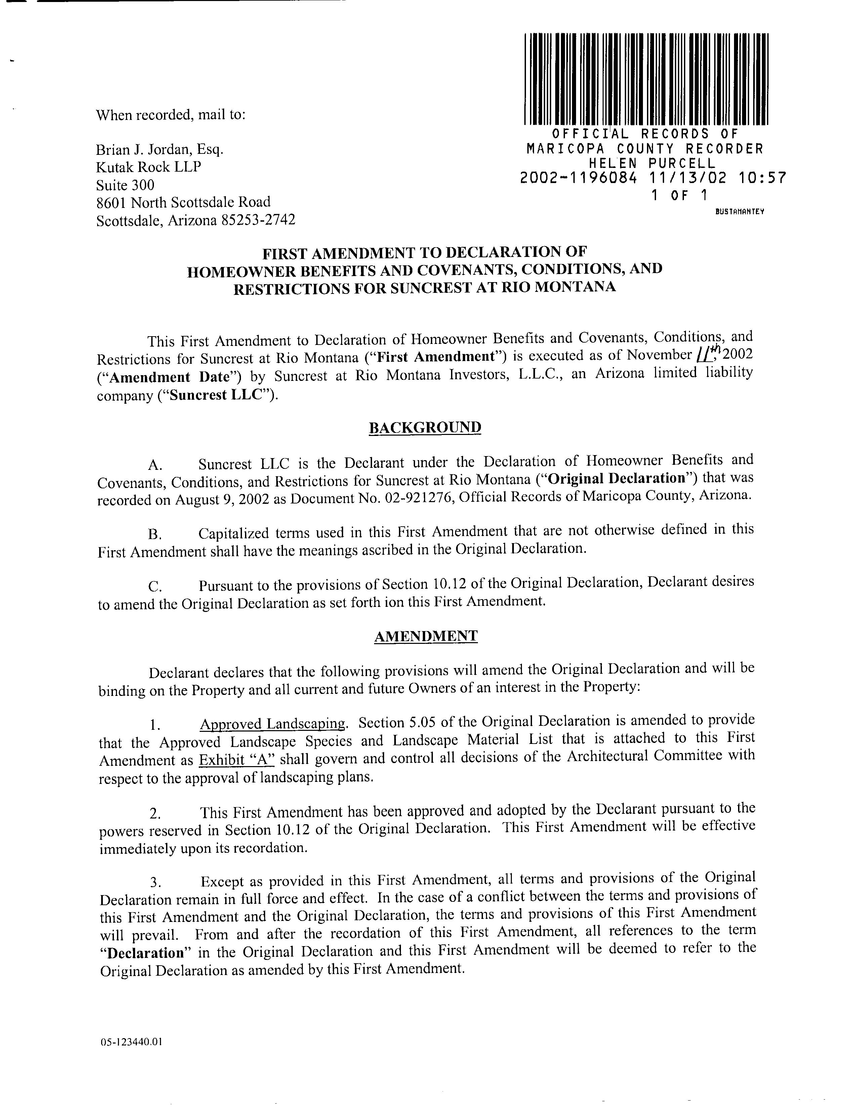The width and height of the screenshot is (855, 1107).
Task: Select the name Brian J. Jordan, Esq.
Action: point(160,149)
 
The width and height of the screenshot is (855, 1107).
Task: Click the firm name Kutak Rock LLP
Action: point(149,167)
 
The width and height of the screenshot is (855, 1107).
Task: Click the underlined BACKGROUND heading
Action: point(424,427)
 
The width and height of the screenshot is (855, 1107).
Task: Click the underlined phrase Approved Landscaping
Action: point(272,723)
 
